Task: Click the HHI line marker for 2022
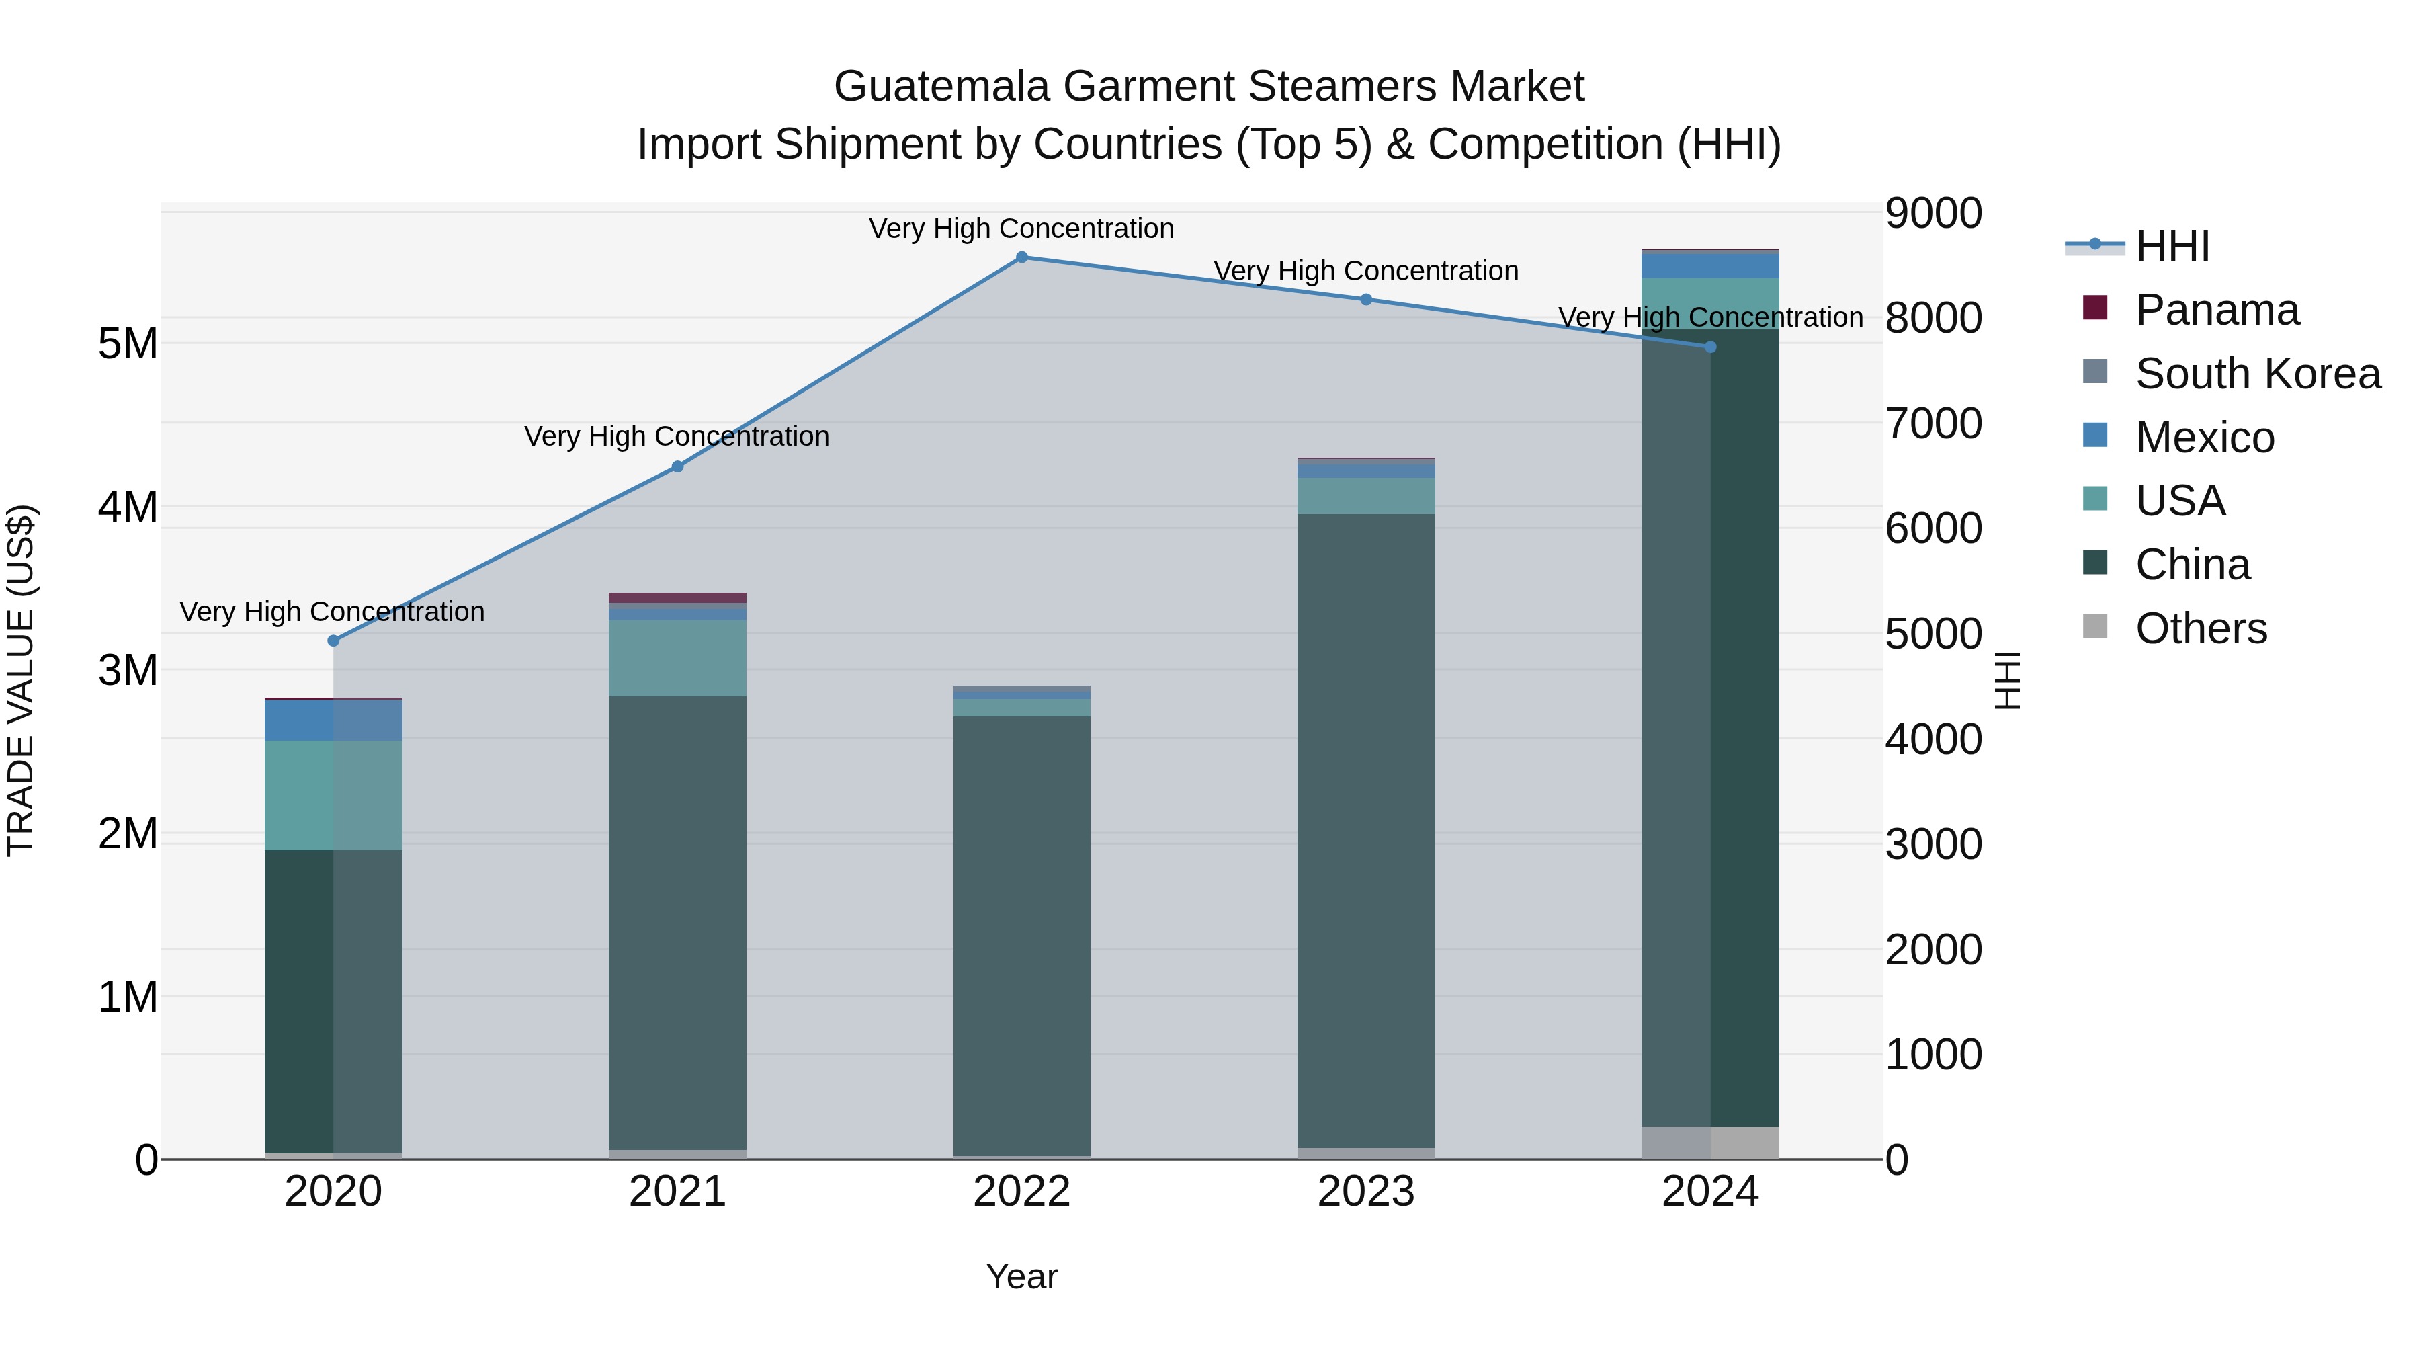[1021, 257]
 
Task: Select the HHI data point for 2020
[333, 641]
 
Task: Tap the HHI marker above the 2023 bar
[1366, 300]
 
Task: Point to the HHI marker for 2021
[678, 467]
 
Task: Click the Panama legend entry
[2216, 310]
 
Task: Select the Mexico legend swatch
[2095, 436]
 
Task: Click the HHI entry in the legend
[2172, 246]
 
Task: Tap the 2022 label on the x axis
[1021, 1192]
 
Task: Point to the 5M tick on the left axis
[128, 343]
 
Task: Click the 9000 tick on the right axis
[1933, 213]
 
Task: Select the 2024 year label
[1710, 1192]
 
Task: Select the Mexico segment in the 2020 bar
[333, 720]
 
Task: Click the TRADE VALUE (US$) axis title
[21, 680]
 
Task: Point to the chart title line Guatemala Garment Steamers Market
[1209, 87]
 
